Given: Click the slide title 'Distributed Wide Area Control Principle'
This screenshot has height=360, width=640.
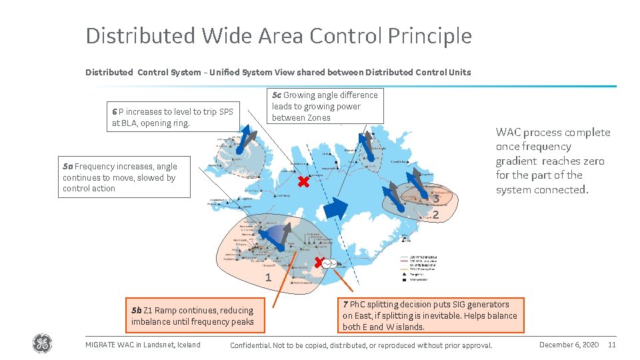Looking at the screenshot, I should click(x=278, y=36).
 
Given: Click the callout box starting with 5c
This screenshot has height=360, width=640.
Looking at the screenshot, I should click(x=325, y=106).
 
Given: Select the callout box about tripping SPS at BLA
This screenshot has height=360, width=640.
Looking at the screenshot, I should click(x=173, y=117).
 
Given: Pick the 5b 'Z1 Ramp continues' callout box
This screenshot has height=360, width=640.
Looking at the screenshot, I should click(x=192, y=316).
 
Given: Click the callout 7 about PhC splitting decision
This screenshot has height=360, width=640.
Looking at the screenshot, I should click(x=429, y=315).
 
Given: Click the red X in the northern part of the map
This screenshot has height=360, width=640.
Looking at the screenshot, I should click(x=303, y=182).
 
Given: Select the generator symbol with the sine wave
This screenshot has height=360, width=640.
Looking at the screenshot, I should click(x=330, y=264).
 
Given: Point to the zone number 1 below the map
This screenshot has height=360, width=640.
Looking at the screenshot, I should click(x=268, y=277).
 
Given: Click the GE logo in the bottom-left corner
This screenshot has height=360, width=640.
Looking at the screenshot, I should click(x=42, y=344).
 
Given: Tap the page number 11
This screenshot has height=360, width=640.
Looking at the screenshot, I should click(x=612, y=344).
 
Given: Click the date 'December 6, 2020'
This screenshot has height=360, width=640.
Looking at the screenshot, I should click(x=569, y=344).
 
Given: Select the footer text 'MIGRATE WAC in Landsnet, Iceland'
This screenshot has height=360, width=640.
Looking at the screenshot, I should click(x=143, y=345).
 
